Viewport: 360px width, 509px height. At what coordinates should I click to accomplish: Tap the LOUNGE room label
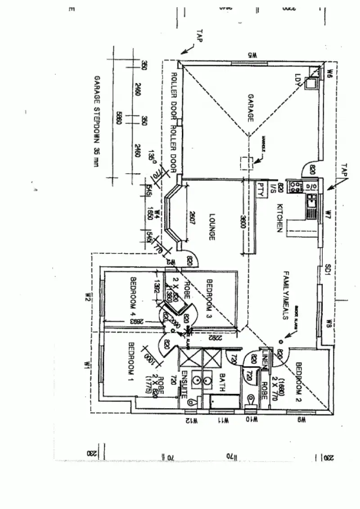tap(211, 227)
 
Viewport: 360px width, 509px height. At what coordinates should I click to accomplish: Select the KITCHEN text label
tap(279, 219)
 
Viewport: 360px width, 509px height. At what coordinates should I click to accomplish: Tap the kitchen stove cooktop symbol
tap(297, 186)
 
